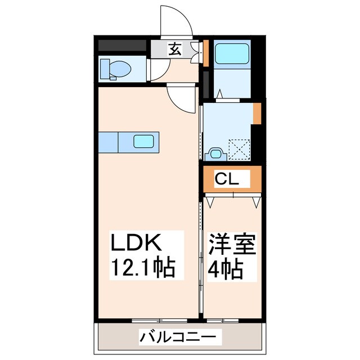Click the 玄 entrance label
point(175,49)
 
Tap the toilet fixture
point(116,69)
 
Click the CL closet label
point(228,180)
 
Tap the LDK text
point(138,244)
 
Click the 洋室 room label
point(232,245)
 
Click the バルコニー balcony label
point(178,338)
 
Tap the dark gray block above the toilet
point(123,46)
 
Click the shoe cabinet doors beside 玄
point(195,50)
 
